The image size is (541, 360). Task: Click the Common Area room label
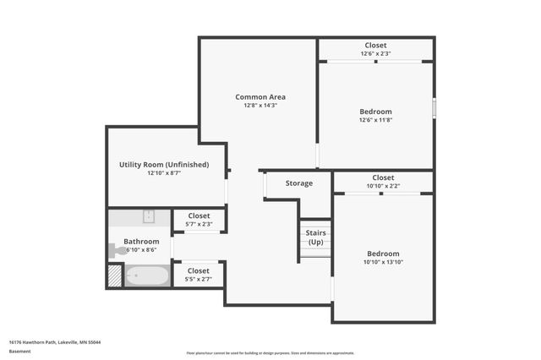[260, 97]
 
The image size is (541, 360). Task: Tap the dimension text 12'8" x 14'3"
[260, 106]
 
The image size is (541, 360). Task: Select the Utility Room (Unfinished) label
[164, 164]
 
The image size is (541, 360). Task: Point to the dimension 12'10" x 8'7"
[164, 172]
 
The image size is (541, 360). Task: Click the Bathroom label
[141, 242]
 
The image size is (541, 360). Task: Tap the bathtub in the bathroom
[147, 275]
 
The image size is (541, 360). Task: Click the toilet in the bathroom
[117, 250]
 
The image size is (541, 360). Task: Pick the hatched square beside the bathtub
[115, 276]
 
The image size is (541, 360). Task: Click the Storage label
[299, 183]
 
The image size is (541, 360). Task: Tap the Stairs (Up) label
[316, 237]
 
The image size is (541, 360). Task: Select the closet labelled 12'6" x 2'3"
[376, 49]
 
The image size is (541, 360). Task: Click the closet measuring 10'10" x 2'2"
[383, 182]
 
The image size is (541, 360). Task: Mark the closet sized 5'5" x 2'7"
[199, 275]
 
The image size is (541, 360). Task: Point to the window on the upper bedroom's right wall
[434, 108]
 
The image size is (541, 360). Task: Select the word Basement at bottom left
[19, 352]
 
